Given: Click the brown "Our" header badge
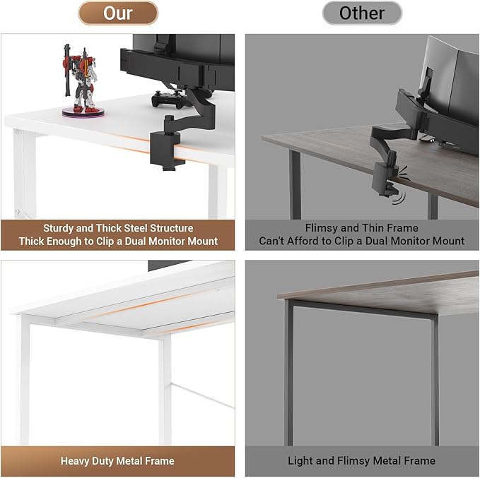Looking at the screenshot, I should pyautogui.click(x=118, y=13).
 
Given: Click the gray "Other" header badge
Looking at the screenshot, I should pyautogui.click(x=362, y=13).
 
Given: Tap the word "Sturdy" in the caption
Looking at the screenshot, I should pyautogui.click(x=59, y=228).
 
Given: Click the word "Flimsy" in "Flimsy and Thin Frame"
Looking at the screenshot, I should pyautogui.click(x=322, y=228).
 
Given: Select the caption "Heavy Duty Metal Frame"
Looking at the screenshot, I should pyautogui.click(x=117, y=461).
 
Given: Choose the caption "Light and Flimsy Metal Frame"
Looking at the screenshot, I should pyautogui.click(x=361, y=461).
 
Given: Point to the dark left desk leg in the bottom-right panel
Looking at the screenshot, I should pyautogui.click(x=288, y=374).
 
